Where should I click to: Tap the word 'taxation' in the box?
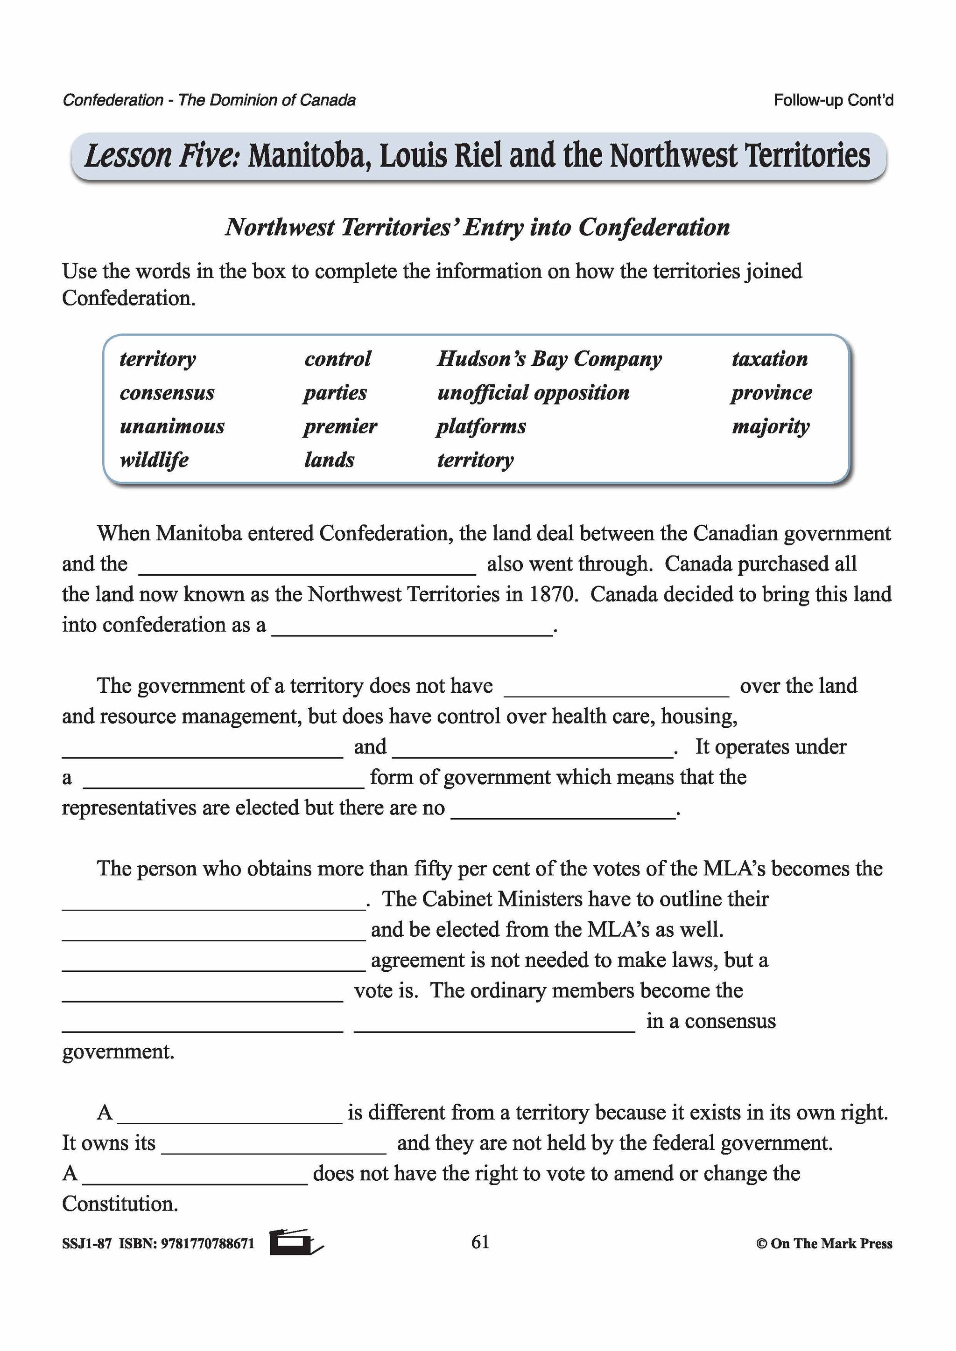769,359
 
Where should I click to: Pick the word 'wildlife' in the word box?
154,460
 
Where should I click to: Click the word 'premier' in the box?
340,426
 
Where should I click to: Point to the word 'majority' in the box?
771,426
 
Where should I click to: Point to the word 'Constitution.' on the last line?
120,1204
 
